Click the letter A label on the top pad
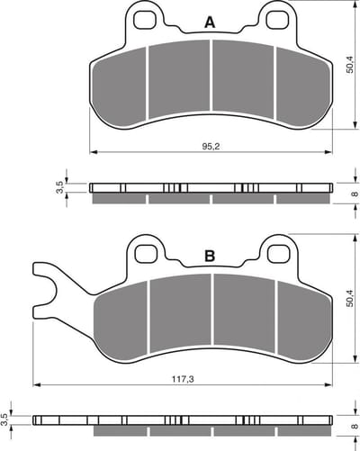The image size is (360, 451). coord(210,23)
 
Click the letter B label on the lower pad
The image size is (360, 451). coord(210,257)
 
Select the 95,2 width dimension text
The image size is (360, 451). coord(211,147)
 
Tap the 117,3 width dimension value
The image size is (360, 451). coord(183,379)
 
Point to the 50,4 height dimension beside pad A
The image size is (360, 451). coord(349,65)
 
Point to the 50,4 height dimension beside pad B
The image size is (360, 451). coord(349,298)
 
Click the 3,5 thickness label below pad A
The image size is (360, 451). coord(59,187)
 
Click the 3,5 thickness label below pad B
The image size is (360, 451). coord(4,419)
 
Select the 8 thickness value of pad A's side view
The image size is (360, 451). coord(355,194)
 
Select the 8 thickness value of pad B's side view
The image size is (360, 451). coord(355,426)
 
